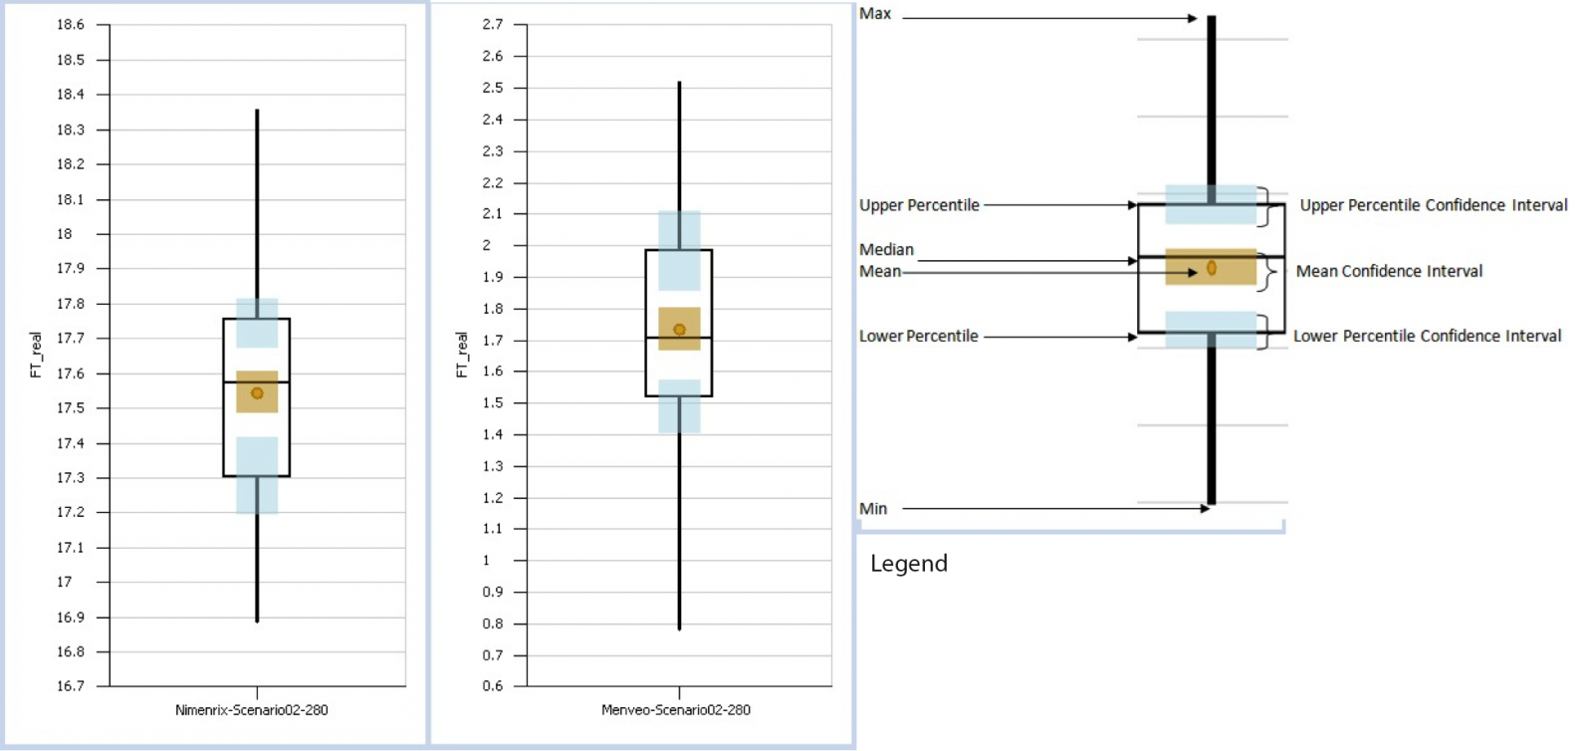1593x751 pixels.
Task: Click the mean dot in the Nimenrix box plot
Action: [257, 393]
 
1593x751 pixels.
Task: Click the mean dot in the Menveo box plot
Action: [679, 330]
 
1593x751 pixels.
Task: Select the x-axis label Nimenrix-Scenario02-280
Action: [251, 710]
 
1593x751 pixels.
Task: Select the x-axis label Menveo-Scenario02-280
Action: [676, 710]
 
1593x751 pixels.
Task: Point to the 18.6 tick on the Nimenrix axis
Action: [71, 25]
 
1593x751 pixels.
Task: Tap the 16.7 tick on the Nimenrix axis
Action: [71, 686]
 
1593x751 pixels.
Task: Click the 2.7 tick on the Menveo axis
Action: [493, 24]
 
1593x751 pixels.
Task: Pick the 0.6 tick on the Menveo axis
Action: [493, 686]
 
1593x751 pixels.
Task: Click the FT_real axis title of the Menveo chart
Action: [461, 355]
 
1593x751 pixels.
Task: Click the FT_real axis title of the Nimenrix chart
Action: [36, 355]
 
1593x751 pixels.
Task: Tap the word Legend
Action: [908, 564]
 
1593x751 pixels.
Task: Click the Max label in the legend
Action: [875, 14]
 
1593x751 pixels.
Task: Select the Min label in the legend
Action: [873, 509]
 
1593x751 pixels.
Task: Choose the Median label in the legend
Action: [886, 250]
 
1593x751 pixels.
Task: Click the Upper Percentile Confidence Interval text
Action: [1433, 205]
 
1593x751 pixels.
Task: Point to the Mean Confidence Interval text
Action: [1389, 271]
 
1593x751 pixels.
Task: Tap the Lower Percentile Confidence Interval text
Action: [1427, 337]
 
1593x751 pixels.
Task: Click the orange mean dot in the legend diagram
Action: [1212, 268]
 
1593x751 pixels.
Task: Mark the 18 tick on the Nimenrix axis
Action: [65, 234]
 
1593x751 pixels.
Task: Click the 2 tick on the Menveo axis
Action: [487, 245]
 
